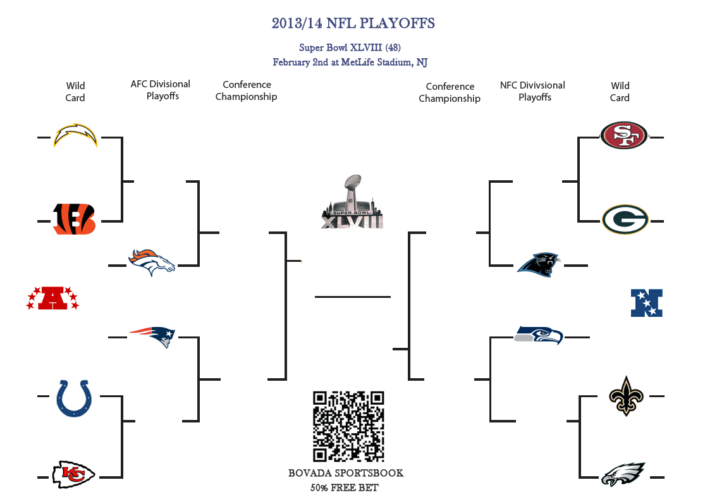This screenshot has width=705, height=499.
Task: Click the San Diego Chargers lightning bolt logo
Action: pyautogui.click(x=75, y=135)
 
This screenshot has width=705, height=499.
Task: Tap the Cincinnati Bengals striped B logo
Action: pyautogui.click(x=74, y=219)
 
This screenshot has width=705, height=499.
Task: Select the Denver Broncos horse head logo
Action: pyautogui.click(x=152, y=262)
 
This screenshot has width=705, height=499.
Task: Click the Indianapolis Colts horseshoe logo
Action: pyautogui.click(x=74, y=398)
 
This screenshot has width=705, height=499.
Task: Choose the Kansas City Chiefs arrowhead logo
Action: pyautogui.click(x=74, y=474)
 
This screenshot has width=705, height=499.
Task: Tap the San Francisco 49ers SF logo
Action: pyautogui.click(x=624, y=135)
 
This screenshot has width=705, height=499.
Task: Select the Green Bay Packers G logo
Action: pyautogui.click(x=625, y=219)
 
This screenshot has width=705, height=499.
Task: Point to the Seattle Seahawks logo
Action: pyautogui.click(x=539, y=335)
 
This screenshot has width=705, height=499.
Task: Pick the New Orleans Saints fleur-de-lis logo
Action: pyautogui.click(x=627, y=396)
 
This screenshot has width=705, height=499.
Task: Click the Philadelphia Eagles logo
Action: pyautogui.click(x=623, y=474)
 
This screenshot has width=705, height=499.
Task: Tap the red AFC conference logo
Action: pyautogui.click(x=52, y=298)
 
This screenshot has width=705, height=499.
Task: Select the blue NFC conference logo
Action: pyautogui.click(x=647, y=303)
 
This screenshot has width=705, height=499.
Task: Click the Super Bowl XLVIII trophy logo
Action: pyautogui.click(x=352, y=202)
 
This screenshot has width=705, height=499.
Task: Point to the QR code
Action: pyautogui.click(x=348, y=426)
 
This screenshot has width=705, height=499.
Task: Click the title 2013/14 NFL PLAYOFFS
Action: pyautogui.click(x=353, y=23)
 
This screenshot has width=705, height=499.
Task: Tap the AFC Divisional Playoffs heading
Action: pyautogui.click(x=161, y=90)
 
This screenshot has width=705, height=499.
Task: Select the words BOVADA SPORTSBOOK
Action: pyautogui.click(x=346, y=473)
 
